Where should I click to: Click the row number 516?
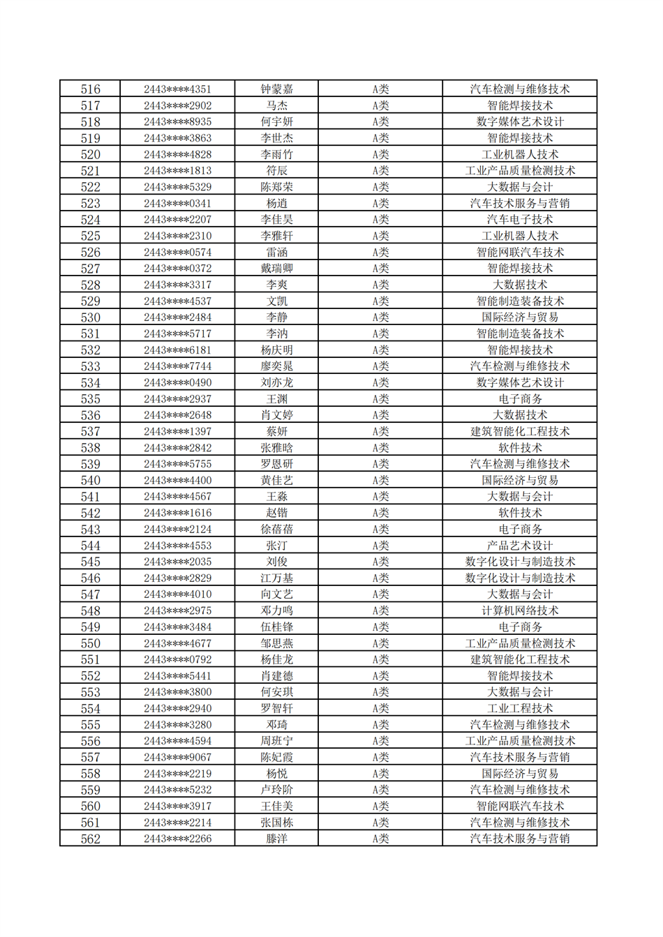click(90, 89)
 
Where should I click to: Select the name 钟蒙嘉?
click(276, 89)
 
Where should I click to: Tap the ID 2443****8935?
click(177, 122)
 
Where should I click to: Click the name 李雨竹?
click(276, 154)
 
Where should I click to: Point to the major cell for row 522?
click(519, 187)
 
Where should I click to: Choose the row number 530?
click(90, 317)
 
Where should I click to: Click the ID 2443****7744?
click(177, 366)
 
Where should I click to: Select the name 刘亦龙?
click(276, 382)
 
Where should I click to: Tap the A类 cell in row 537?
click(380, 431)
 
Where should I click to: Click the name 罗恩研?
click(276, 464)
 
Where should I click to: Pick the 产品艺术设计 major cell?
click(519, 546)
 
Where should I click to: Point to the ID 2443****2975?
click(177, 610)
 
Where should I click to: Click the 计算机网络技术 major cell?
click(519, 610)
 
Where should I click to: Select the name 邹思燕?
click(276, 643)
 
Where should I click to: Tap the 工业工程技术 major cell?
click(519, 708)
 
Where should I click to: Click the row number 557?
click(90, 757)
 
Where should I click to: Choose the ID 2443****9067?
click(177, 757)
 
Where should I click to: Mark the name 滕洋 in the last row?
click(276, 839)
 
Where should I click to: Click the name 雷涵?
click(276, 253)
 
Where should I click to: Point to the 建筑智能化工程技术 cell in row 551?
click(519, 659)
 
